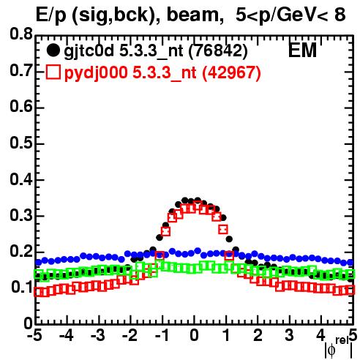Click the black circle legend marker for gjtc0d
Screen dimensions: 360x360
tap(53, 50)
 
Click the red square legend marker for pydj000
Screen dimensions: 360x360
tap(53, 72)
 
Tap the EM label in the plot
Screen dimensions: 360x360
tap(302, 50)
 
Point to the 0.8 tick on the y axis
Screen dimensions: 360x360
tap(21, 34)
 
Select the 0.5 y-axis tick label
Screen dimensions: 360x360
tap(21, 143)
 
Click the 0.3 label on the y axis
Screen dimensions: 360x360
tap(21, 215)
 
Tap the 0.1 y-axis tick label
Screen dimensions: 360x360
tap(22, 287)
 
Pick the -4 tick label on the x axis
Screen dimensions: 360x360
tap(67, 336)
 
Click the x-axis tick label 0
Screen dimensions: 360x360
tap(194, 336)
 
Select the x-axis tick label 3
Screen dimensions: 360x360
tap(289, 336)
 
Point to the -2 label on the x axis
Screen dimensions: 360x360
tap(130, 336)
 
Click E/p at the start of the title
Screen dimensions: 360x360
tap(50, 16)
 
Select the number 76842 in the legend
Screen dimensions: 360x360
tap(218, 51)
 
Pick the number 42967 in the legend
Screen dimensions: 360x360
tap(231, 72)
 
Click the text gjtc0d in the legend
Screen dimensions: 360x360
tap(89, 52)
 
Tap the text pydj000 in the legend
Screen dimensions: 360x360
tap(96, 73)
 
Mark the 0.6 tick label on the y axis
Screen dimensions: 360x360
tap(21, 107)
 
